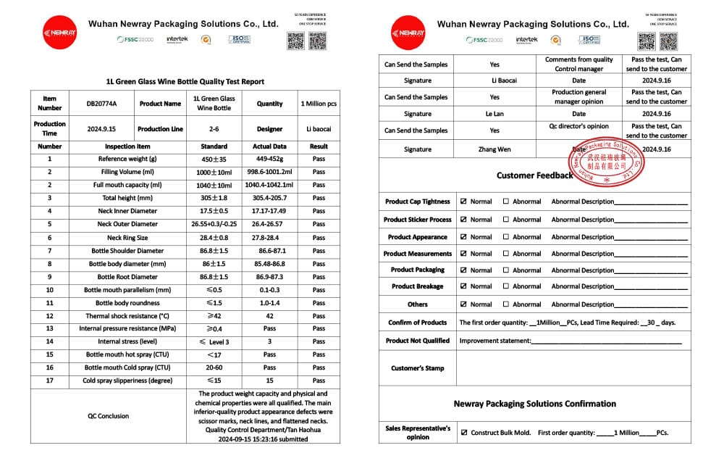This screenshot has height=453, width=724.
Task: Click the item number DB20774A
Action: (101, 104)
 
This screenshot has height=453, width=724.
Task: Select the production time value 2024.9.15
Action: (101, 129)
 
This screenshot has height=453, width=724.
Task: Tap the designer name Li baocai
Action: (319, 129)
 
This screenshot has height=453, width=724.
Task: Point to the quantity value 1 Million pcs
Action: (319, 104)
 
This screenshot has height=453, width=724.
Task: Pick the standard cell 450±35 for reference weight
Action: (214, 159)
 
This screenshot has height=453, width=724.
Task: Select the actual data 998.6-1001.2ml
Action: (269, 172)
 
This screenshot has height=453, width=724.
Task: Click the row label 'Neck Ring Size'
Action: (127, 238)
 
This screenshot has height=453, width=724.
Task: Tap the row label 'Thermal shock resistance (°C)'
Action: (127, 316)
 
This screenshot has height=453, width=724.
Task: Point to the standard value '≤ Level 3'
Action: (214, 342)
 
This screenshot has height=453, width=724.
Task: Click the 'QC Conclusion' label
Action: (109, 416)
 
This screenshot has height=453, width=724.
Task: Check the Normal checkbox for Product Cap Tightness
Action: (463, 201)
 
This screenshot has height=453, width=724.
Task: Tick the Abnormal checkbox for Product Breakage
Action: (506, 286)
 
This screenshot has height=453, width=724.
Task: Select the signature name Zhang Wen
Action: (494, 149)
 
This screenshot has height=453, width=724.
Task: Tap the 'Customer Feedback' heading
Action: (535, 175)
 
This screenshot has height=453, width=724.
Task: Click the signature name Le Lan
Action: (494, 114)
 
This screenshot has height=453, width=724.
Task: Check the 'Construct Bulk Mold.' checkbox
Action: (463, 433)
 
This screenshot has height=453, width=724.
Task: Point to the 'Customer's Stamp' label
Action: (418, 368)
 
